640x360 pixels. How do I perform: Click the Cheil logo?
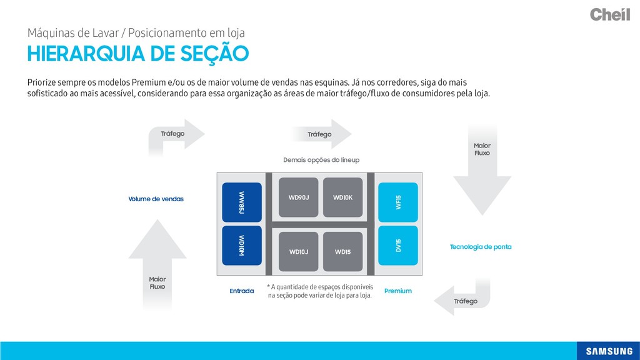coord(609,14)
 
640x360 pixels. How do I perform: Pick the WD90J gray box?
coord(299,197)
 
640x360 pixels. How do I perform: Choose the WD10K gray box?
coord(342,197)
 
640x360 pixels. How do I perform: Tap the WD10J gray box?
coord(299,251)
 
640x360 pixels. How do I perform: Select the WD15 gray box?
coord(342,251)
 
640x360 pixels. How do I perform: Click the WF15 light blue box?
coord(398,202)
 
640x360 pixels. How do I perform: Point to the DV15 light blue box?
coord(398,246)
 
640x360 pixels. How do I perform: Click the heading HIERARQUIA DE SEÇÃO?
coord(137,54)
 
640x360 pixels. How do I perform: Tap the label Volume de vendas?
coord(156,199)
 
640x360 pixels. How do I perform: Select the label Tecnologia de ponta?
coord(481,247)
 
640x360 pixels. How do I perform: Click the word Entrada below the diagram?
coord(242,291)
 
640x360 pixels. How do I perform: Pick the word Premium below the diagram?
coord(398,291)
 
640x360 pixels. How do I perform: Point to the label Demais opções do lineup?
coord(321,160)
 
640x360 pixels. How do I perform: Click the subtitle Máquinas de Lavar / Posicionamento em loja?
coord(136,32)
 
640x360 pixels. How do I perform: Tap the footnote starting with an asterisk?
coord(320,291)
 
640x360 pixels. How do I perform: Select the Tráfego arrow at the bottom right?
coord(466,301)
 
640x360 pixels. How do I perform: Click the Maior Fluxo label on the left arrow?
coord(157,282)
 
